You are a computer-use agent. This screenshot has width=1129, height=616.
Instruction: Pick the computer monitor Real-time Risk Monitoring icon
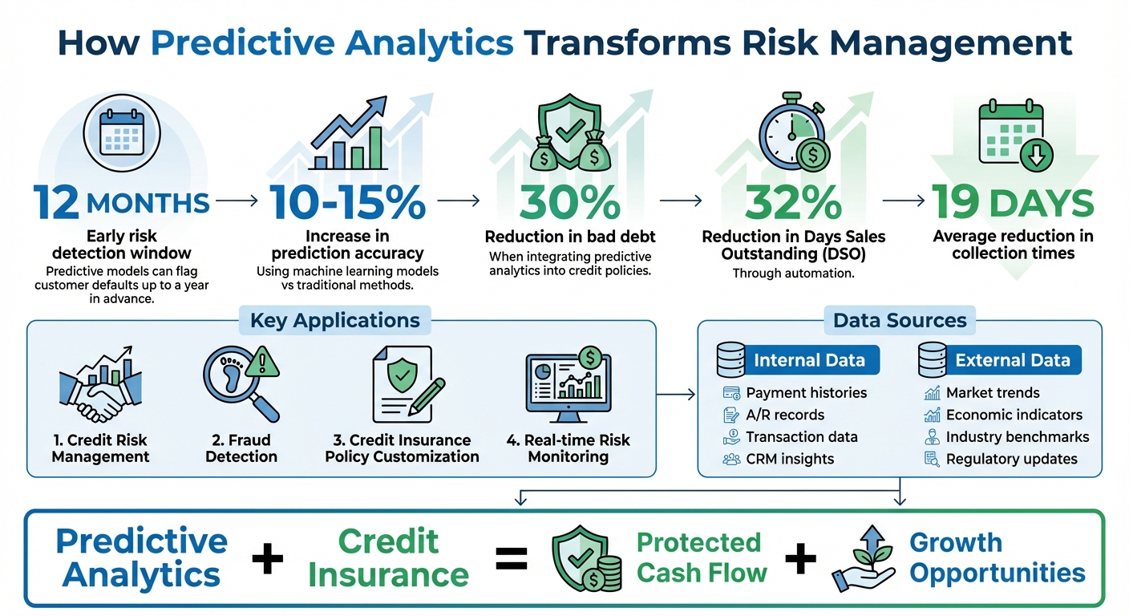coord(568,385)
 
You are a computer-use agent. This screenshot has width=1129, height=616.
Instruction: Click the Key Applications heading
coord(334,321)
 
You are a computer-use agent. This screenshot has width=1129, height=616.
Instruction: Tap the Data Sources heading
coord(900,321)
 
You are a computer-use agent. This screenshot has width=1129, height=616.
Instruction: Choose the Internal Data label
coord(809,360)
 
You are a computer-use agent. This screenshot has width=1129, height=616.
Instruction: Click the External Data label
coord(1012,360)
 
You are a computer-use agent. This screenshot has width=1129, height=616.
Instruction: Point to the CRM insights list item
coord(790,459)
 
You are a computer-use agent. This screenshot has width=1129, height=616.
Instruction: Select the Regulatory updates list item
coord(1011,459)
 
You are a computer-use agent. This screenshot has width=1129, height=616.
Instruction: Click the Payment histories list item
coord(806,393)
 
